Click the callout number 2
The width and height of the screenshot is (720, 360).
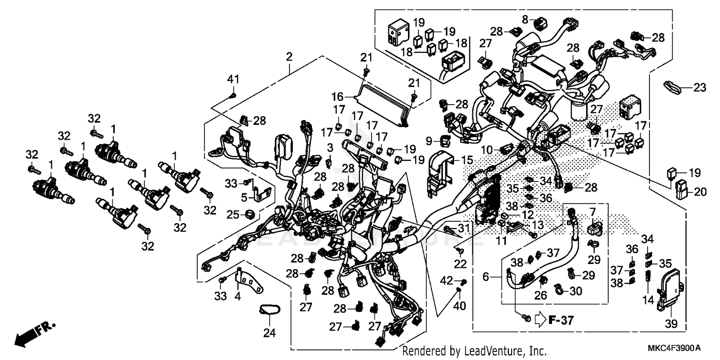(x=289, y=57)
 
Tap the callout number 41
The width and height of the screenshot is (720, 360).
(x=233, y=79)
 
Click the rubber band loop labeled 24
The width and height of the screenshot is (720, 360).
(x=268, y=311)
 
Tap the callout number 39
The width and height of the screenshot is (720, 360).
(x=671, y=325)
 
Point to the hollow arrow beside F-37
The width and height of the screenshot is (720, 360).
(x=540, y=318)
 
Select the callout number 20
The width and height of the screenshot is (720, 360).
(x=700, y=192)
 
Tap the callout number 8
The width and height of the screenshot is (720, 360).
(x=525, y=19)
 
